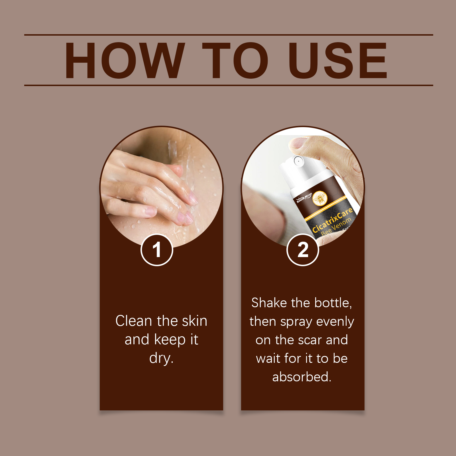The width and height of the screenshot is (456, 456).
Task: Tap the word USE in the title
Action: (x=338, y=60)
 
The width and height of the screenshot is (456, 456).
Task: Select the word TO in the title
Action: (x=235, y=60)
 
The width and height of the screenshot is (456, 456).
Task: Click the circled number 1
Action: (x=157, y=250)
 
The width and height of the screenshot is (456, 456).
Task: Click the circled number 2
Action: (x=303, y=250)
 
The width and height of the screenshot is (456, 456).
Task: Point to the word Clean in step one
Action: (x=134, y=321)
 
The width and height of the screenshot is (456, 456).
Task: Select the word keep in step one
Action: (x=170, y=340)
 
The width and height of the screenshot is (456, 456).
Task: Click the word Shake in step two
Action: (x=269, y=303)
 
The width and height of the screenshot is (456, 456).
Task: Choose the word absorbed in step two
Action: (x=302, y=377)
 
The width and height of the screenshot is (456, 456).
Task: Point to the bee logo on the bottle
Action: (x=320, y=198)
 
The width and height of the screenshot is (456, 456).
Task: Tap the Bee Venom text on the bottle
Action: (x=336, y=227)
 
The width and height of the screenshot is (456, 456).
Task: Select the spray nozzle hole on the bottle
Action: (x=298, y=161)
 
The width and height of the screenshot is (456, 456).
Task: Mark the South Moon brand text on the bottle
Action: (x=304, y=198)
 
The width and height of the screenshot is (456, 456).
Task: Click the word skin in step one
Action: (x=195, y=321)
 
